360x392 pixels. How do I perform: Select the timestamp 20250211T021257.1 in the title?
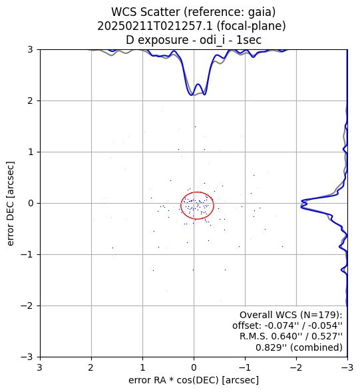(x=156, y=26)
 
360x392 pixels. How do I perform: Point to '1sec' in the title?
(x=249, y=40)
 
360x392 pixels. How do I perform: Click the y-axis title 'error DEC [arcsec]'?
(x=10, y=204)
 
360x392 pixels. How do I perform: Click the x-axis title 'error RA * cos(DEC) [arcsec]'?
(x=194, y=380)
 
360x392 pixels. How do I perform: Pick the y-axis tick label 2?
(x=30, y=100)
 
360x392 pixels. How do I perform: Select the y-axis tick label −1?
(x=27, y=254)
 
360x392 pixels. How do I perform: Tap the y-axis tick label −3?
(x=27, y=357)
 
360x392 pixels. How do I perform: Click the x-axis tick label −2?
(x=296, y=367)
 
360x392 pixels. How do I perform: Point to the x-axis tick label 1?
(x=143, y=367)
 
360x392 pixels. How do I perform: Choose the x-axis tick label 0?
(x=194, y=367)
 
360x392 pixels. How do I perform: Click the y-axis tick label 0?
(x=30, y=203)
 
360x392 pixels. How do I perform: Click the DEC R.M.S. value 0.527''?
(x=328, y=336)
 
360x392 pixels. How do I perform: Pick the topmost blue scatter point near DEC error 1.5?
(x=195, y=126)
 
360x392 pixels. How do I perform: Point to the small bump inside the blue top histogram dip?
(x=198, y=84)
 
